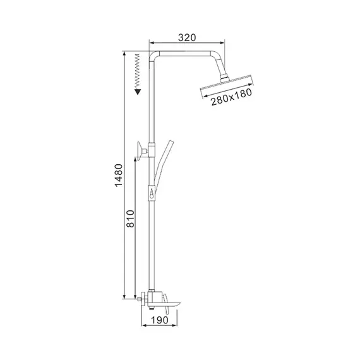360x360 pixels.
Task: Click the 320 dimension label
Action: (x=187, y=38)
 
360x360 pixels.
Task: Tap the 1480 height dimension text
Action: (x=119, y=176)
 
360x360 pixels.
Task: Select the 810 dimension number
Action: (x=130, y=219)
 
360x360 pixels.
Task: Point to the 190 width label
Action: (x=160, y=320)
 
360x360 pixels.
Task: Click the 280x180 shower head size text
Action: (x=231, y=97)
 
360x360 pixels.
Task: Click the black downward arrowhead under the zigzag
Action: (x=138, y=92)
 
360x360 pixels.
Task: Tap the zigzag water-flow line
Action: (x=138, y=71)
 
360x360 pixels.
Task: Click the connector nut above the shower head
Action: (x=225, y=78)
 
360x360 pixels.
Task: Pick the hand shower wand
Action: (x=164, y=165)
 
